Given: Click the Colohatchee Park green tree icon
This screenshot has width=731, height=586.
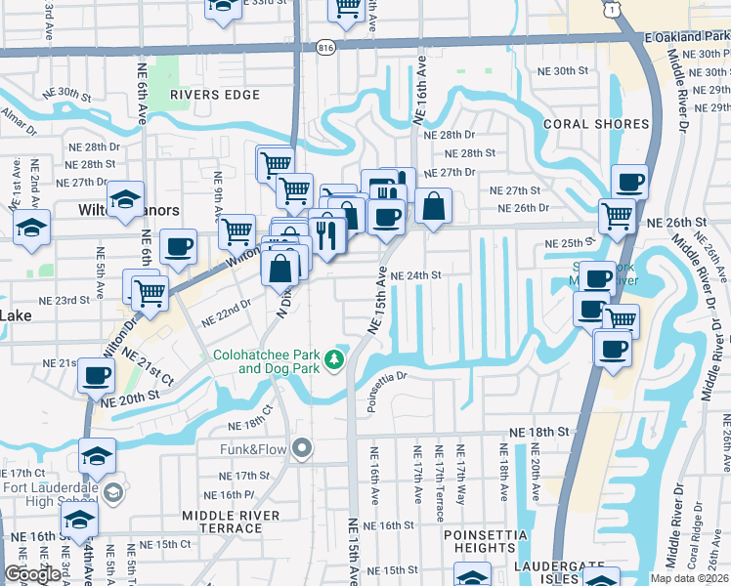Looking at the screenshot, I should [335, 361].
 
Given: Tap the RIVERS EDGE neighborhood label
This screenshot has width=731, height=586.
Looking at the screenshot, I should [215, 95].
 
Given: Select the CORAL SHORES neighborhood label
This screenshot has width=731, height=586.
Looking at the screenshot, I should [592, 124].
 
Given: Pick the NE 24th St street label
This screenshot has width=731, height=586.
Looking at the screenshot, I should [416, 275].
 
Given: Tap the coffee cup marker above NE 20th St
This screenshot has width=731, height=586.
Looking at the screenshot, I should [96, 373].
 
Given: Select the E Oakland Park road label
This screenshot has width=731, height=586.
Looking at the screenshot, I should [686, 37].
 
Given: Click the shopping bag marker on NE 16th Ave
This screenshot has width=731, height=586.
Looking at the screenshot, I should [433, 206].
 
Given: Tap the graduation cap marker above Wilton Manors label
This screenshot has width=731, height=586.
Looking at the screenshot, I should [125, 199].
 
